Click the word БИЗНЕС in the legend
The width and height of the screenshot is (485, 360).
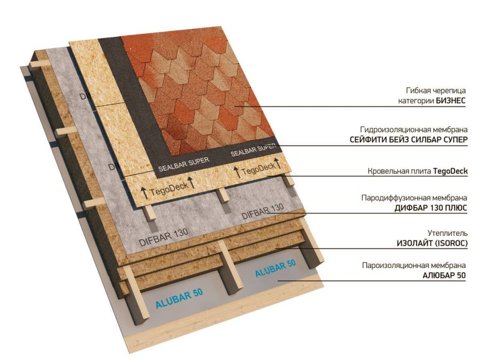451,101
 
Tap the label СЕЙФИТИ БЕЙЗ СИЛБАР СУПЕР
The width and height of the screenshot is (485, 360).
409,140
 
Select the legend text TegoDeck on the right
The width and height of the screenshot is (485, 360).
450,171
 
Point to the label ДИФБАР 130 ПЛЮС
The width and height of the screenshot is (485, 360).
431,208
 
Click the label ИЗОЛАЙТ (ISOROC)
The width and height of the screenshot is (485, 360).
432,243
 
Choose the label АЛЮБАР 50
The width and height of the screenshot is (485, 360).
444,275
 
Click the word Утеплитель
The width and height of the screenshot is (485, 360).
448,233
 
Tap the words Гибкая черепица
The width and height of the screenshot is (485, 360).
436,91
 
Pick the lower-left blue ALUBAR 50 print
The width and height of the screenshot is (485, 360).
179,298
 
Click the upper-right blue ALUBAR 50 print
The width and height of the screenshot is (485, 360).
276,268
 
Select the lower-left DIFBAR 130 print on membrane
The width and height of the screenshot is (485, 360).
163,237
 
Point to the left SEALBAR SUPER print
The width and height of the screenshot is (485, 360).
184,164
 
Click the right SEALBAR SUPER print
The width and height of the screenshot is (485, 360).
253,150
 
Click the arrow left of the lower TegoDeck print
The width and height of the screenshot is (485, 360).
144,193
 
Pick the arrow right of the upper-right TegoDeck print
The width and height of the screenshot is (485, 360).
279,164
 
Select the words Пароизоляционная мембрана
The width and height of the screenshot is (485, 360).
414,265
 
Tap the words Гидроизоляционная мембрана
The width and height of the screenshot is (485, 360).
414,129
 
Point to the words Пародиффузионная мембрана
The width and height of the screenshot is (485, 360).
414,198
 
